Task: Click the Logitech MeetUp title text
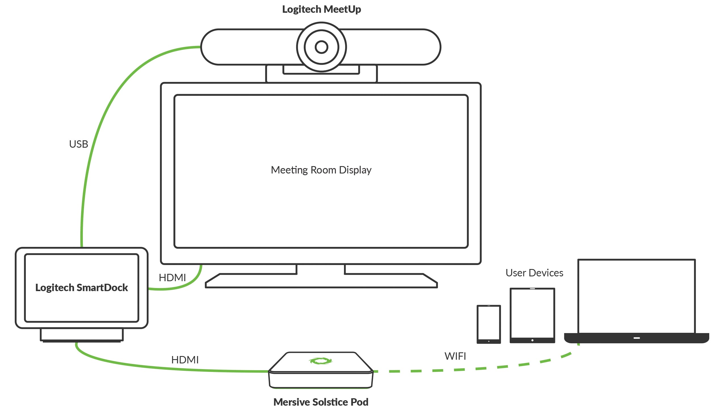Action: pos(321,9)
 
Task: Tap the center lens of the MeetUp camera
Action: pos(321,47)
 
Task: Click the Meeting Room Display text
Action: pos(321,170)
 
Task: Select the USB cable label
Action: pos(79,144)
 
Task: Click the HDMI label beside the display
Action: pos(172,278)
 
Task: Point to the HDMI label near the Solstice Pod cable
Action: pos(185,360)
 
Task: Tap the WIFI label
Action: pos(455,356)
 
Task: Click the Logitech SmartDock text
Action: pos(81,288)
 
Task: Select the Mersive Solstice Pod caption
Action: pos(321,402)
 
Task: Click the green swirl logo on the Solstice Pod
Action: pos(320,361)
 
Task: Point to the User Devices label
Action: pos(534,273)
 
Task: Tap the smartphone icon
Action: pos(489,324)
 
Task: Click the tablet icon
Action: pos(532,315)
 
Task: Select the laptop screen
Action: pos(637,296)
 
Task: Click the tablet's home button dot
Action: pos(532,340)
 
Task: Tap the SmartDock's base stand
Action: pos(82,335)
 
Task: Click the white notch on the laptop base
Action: pos(637,338)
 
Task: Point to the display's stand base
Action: pos(321,281)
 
